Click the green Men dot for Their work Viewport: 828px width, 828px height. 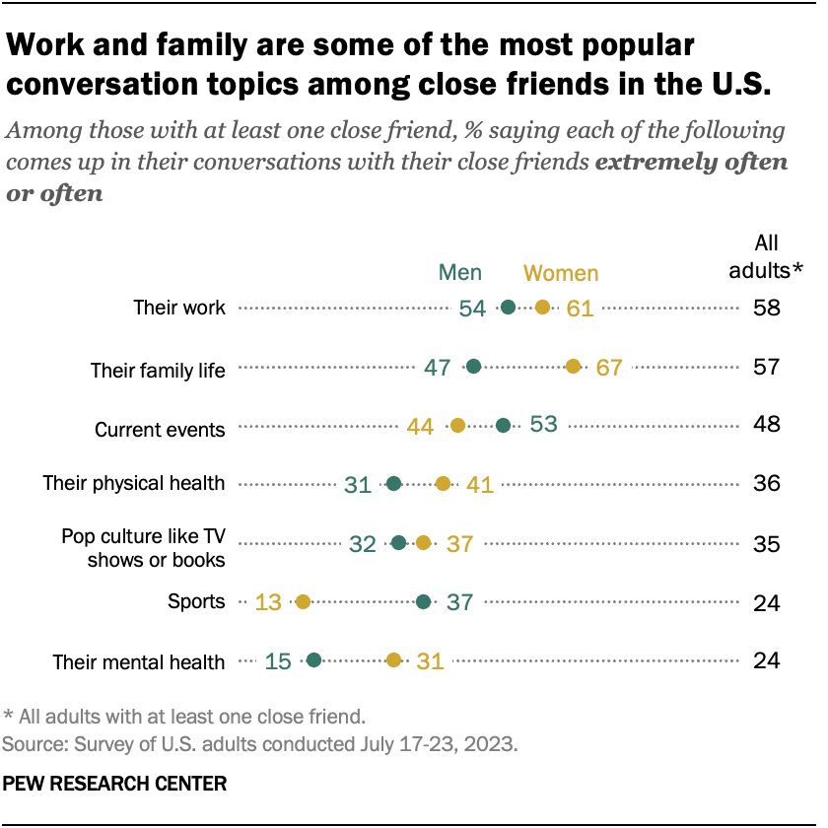(508, 308)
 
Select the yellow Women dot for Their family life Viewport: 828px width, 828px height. (573, 367)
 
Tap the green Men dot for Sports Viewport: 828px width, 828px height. (424, 601)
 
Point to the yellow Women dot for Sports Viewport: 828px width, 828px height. (303, 601)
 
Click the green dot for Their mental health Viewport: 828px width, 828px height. (313, 660)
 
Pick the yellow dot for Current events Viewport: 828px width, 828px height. (457, 426)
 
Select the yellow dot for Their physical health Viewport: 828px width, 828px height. (443, 483)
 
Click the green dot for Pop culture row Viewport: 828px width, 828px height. (398, 542)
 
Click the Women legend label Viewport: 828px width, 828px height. (560, 273)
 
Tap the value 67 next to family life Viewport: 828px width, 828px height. (609, 368)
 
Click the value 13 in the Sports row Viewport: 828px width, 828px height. (268, 601)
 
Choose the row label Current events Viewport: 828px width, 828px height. (160, 430)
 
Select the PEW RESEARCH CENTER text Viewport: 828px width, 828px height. (115, 784)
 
